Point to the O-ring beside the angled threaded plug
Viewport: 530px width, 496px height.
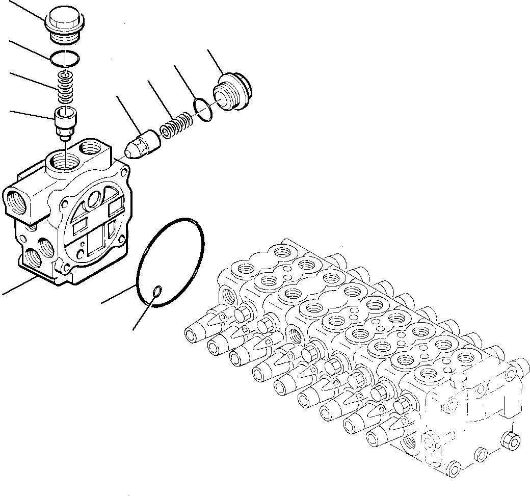point(203,110)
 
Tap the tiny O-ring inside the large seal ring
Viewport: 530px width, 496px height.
point(158,291)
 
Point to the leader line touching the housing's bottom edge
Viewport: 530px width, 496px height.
point(18,286)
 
